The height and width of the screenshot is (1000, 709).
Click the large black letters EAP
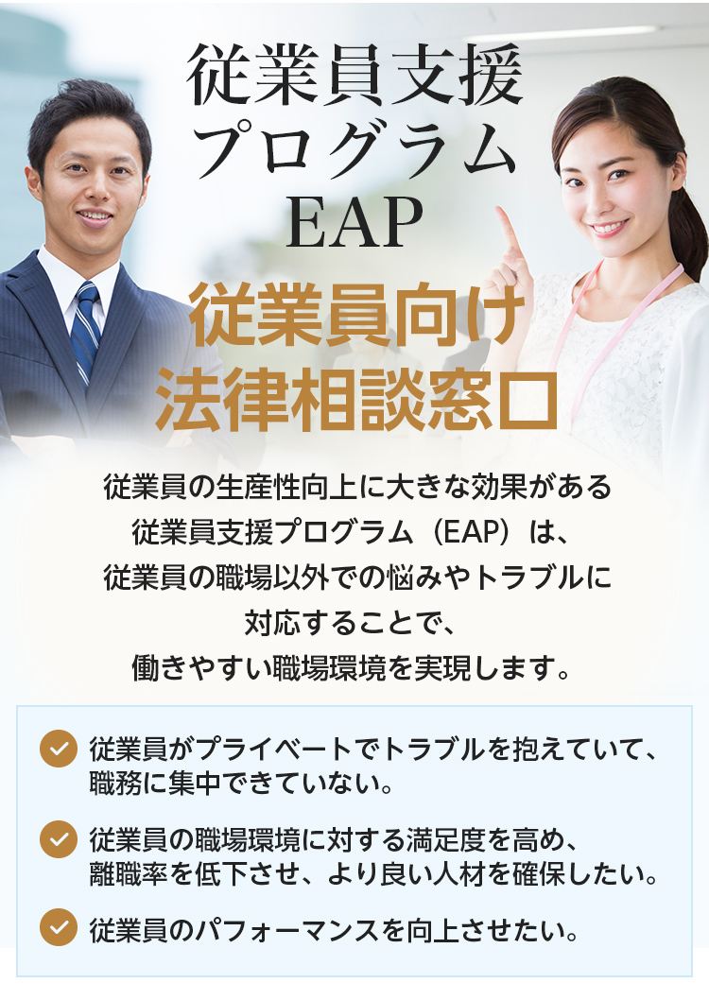pyautogui.click(x=354, y=222)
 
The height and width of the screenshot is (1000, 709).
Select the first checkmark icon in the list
pyautogui.click(x=59, y=748)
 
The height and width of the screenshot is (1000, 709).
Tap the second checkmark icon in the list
pyautogui.click(x=59, y=838)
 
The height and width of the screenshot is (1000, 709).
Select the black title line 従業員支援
pyautogui.click(x=354, y=75)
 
